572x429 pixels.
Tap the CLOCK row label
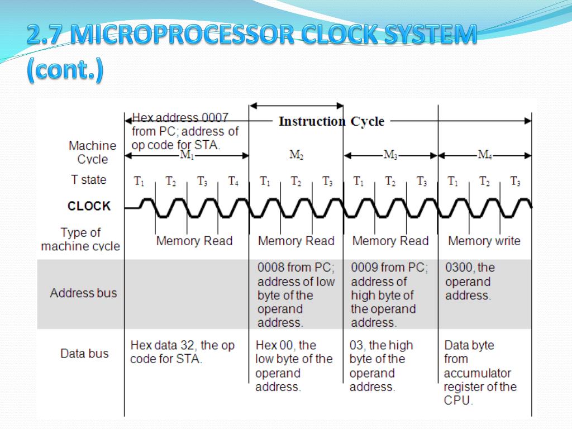click(89, 206)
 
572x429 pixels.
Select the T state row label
click(88, 180)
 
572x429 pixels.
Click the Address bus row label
click(84, 293)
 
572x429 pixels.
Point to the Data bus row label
click(84, 354)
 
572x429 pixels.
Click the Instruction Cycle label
click(331, 121)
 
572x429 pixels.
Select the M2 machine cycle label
click(297, 155)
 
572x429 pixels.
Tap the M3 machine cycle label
click(390, 155)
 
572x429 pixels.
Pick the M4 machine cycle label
click(485, 155)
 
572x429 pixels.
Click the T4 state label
click(233, 180)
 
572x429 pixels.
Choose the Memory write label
click(484, 241)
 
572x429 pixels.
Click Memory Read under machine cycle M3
click(390, 241)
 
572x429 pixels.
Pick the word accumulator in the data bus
click(478, 373)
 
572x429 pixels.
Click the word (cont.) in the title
click(65, 71)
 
